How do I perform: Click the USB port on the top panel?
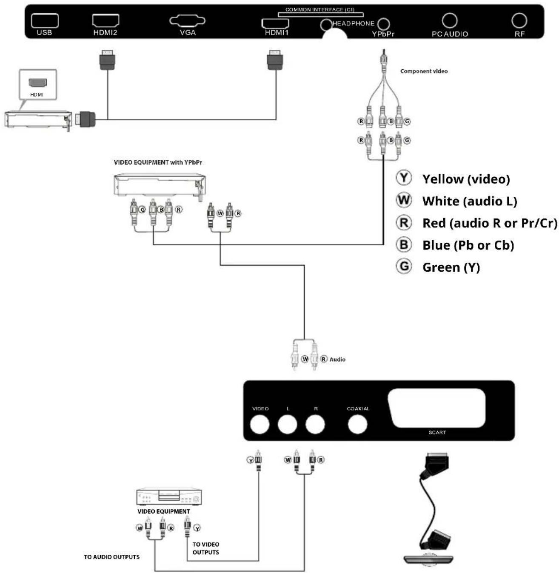coord(45,20)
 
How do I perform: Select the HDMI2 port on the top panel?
coord(106,20)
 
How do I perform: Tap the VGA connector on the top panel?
coord(187,20)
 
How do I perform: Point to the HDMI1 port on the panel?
coord(275,23)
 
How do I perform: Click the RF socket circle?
coord(519,20)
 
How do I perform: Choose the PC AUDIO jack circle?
coord(450,20)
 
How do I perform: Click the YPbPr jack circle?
coord(384,24)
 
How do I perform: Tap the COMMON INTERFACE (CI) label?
coord(320,10)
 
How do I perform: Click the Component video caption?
coord(424,71)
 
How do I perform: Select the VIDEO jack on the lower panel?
coord(260,424)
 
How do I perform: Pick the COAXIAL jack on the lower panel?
coord(357,424)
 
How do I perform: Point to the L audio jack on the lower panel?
coord(287,424)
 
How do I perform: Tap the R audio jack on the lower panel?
coord(315,424)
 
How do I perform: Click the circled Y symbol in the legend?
coord(404,178)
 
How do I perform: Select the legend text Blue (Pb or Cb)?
coord(468,245)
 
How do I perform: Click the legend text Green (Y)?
coord(451,267)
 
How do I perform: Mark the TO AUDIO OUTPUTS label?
coord(111,557)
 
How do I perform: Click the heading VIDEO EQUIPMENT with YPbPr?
coord(158,162)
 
